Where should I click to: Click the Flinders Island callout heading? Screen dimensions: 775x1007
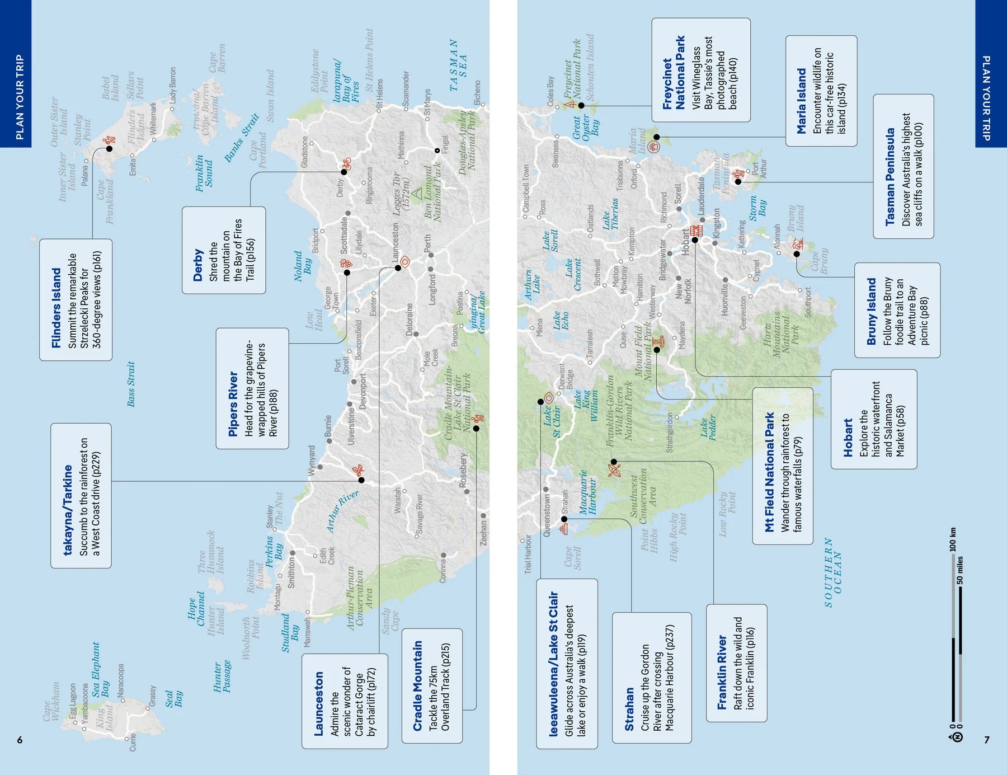tap(56, 308)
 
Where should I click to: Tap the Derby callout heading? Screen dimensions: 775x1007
tap(197, 265)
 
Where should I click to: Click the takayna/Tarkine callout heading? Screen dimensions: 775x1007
tap(68, 510)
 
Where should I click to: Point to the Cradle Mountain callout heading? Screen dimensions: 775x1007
tap(417, 685)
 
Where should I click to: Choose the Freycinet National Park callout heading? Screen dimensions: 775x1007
tap(674, 73)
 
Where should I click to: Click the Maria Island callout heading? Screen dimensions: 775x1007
tap(802, 101)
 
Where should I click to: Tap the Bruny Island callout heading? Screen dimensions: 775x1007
tap(871, 311)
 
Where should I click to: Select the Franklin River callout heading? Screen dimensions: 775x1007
tap(722, 671)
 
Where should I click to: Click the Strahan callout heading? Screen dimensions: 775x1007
tap(629, 710)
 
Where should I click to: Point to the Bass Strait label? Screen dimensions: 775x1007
tap(131, 384)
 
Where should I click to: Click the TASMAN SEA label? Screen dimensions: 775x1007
tap(458, 65)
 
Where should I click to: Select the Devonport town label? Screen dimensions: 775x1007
tap(362, 391)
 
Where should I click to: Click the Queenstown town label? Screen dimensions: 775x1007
tap(547, 515)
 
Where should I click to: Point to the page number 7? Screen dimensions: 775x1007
tap(987, 740)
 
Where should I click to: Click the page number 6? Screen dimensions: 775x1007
tap(20, 740)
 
